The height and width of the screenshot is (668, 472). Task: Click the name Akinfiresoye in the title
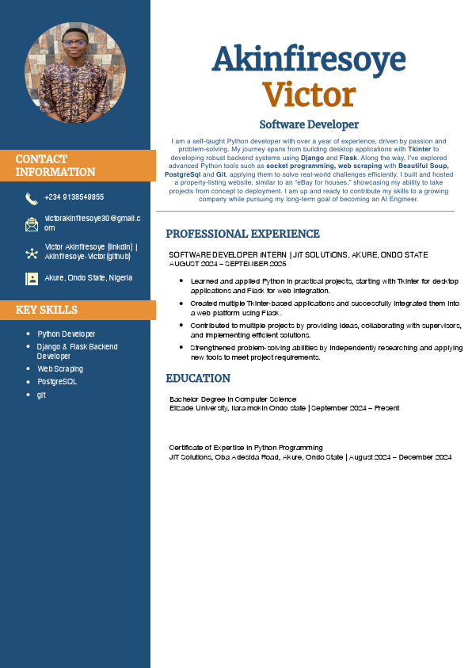coord(309,59)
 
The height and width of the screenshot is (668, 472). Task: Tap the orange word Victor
coord(309,95)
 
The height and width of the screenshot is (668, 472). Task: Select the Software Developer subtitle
coord(309,124)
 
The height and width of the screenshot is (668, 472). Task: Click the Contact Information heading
coord(55,165)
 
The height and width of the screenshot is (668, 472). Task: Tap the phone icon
coord(32,198)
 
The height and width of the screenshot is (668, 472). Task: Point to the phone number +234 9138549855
coord(74,197)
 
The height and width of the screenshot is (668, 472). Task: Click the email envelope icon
coord(32,224)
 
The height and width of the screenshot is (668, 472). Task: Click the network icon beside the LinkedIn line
coord(32,253)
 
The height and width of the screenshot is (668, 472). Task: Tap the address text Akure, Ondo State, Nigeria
coord(89,278)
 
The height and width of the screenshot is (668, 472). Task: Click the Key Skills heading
coord(47,310)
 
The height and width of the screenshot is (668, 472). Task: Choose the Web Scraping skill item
coord(60,368)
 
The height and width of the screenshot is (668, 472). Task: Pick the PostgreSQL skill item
coord(57,381)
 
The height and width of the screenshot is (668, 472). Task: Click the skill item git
coord(41,395)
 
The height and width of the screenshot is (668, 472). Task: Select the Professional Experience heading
coord(242,234)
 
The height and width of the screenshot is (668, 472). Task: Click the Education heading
coord(198,378)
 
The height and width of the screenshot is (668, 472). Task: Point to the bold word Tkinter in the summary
coord(419,149)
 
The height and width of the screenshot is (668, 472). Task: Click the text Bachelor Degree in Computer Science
coord(233,399)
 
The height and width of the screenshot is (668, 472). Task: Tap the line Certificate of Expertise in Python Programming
coord(246,448)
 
